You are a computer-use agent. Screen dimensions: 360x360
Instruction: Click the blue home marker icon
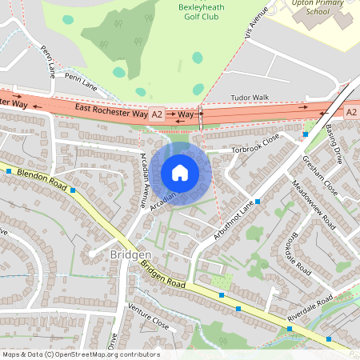[180, 172]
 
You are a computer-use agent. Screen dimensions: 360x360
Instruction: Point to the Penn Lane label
[80, 78]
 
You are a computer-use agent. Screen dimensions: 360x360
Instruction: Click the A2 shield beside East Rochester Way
[157, 114]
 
